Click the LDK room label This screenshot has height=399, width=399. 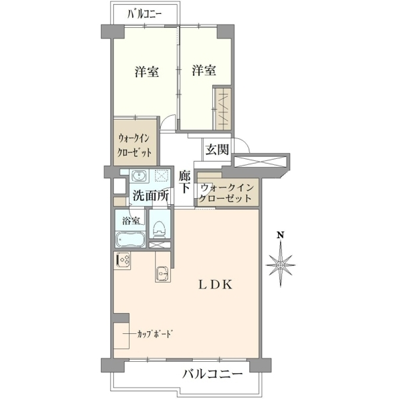(215, 285)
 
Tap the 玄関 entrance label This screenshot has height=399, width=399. (217, 150)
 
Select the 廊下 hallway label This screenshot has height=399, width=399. (184, 182)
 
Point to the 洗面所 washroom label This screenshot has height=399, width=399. (150, 196)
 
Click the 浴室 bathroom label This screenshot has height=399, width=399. (131, 221)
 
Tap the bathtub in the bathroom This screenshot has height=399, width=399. (130, 239)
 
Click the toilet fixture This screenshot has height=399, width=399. (160, 229)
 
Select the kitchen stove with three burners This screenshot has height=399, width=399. (123, 260)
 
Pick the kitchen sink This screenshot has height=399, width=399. (162, 274)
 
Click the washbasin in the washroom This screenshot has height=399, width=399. (138, 176)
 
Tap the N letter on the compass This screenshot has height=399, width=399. (281, 235)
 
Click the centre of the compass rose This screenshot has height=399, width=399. (281, 265)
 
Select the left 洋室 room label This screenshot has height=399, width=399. (147, 72)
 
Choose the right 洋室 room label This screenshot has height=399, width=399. (204, 70)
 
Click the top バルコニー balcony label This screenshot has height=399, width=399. (144, 14)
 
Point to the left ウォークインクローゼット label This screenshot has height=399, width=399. (134, 146)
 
